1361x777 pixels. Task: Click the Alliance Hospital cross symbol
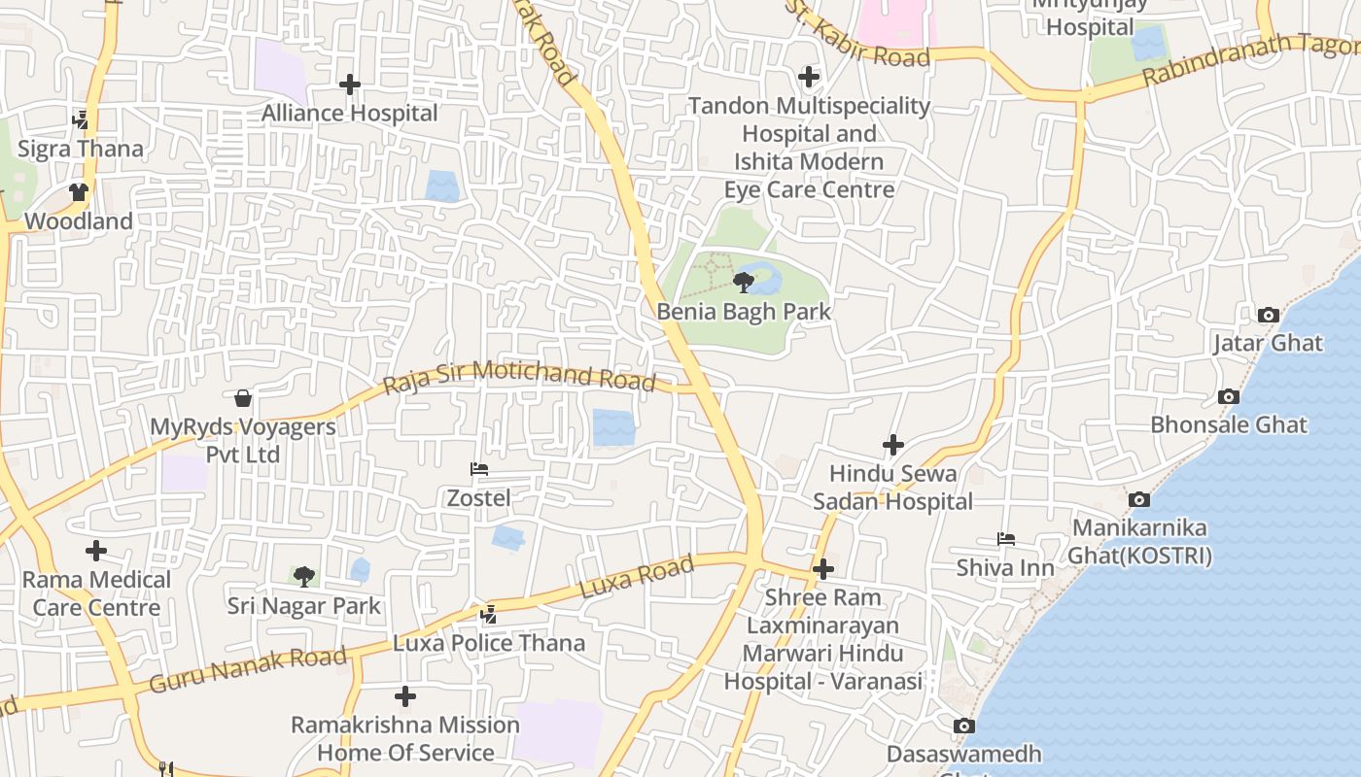350,84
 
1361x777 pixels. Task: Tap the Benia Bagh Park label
744,312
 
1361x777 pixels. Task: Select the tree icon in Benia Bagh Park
744,283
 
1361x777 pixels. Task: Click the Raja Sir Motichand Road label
519,377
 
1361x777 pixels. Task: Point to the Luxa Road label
637,577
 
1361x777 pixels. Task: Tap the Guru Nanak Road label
248,670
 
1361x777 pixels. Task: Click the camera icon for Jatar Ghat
1268,315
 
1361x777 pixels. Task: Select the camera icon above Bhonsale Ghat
1229,396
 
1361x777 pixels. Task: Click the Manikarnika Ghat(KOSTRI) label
1139,542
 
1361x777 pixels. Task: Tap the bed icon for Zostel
478,469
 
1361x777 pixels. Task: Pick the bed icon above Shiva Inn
1005,539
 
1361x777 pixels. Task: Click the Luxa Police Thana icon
489,614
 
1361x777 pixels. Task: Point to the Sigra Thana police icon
81,119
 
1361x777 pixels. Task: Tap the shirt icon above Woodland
79,192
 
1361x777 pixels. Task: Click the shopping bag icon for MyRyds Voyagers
243,398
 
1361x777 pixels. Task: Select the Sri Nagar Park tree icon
304,577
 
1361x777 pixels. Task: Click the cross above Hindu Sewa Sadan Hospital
892,445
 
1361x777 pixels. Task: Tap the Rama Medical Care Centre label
96,593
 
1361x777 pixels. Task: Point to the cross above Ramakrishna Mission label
405,696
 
